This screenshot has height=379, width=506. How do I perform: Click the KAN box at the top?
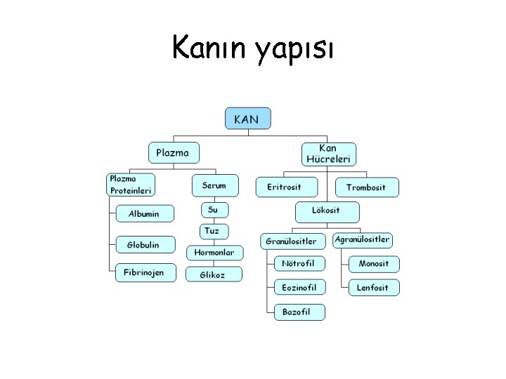pos(247,118)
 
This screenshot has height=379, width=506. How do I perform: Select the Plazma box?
pos(174,153)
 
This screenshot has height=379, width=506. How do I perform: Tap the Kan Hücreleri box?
pos(328,154)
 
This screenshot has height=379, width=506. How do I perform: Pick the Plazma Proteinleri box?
pos(130,185)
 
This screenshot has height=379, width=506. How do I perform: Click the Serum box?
pos(214,185)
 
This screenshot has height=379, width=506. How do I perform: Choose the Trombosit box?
pos(366,187)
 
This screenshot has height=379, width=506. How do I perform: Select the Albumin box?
pos(144,213)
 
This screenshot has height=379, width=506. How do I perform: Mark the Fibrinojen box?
pos(144,272)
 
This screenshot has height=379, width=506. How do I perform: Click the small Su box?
pos(214,209)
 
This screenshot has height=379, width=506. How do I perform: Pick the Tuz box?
pos(212,230)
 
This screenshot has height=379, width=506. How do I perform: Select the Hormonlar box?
pos(214,252)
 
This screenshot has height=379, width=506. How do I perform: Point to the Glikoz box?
pos(214,274)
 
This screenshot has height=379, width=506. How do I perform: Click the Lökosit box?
pos(326,211)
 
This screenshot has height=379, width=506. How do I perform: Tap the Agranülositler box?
pos(363,240)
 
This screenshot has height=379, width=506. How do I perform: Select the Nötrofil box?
pos(299,264)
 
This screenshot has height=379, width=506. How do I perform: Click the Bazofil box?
pos(299,311)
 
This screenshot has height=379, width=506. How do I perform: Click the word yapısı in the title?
pos(296,50)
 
